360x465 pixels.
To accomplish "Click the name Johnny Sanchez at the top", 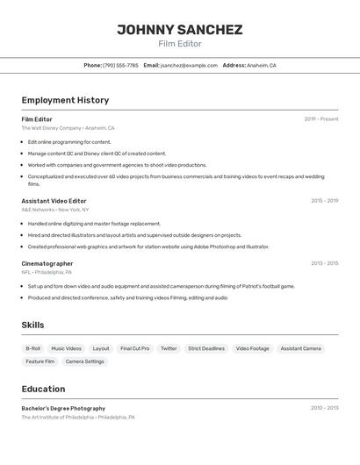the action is coord(180,30).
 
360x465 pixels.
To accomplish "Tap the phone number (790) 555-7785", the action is coord(120,65).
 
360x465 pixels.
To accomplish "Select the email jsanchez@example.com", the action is coord(189,65).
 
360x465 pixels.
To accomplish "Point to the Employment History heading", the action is coord(65,100).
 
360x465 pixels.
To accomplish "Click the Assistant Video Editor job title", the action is coord(54,201).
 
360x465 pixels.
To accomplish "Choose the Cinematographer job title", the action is coord(47,263).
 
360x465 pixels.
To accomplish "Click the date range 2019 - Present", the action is coord(321,119).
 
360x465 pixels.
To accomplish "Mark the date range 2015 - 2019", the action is coord(324,201).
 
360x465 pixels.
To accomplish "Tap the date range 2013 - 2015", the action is coord(324,263).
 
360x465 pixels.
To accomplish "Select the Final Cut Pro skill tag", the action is coord(134,348).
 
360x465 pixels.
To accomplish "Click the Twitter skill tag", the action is coord(169,348).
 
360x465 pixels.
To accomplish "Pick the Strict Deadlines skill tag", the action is coord(206,348).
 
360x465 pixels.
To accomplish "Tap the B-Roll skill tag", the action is coord(33,348).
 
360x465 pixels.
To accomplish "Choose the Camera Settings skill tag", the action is coord(84,361).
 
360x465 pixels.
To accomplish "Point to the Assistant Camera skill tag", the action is coord(300,348).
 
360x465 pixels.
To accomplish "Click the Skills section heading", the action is coord(33,325).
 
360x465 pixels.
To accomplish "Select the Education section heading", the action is coord(43,389).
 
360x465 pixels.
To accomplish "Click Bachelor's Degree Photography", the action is coord(63,408).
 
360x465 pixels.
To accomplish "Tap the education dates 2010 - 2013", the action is coord(324,408).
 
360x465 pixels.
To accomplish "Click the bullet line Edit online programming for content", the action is coord(69,141).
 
